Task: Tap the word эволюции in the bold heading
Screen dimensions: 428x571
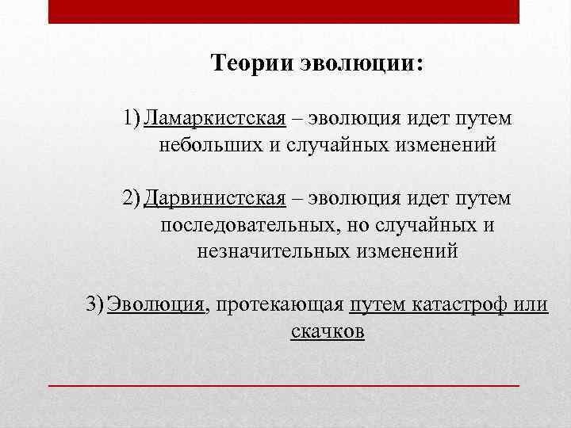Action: (360, 63)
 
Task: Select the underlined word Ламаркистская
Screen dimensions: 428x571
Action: (216, 119)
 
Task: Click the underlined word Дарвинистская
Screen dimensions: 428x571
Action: (215, 198)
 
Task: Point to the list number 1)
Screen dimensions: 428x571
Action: (133, 119)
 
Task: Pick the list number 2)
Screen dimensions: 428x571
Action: (133, 198)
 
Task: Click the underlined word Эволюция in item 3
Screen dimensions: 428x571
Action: (157, 304)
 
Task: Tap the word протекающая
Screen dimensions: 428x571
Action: (278, 304)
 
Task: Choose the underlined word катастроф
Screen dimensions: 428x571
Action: (460, 304)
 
